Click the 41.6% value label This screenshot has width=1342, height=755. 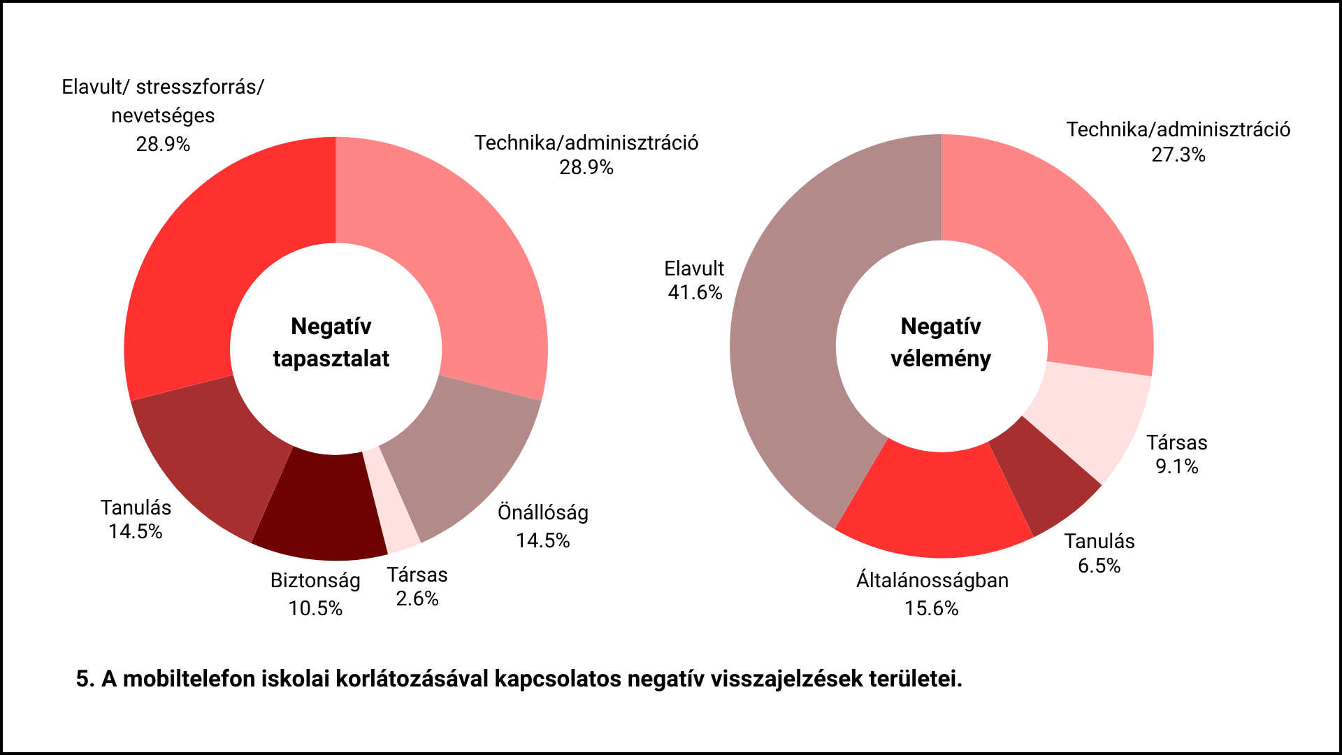(x=695, y=292)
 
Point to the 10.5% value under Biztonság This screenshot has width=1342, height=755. (x=315, y=608)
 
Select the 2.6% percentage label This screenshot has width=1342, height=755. (x=417, y=598)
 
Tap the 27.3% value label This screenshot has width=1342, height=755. (x=1178, y=154)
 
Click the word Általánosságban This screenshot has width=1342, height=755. (x=932, y=580)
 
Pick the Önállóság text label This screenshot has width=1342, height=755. (x=543, y=512)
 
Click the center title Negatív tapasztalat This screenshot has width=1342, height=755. (x=331, y=343)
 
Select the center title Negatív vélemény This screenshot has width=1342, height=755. (x=941, y=343)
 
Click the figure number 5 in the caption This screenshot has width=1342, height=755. (x=83, y=679)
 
